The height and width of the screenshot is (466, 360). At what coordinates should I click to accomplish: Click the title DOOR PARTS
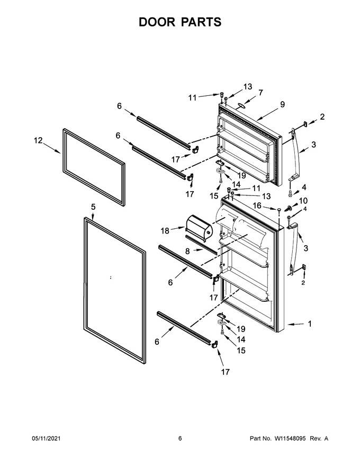[x=180, y=22]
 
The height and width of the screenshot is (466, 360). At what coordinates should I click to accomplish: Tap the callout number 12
[x=38, y=140]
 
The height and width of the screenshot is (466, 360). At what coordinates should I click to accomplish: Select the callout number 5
[x=93, y=207]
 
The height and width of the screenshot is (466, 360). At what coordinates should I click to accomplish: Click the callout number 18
[x=165, y=230]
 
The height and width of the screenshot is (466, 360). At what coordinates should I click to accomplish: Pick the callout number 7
[x=260, y=93]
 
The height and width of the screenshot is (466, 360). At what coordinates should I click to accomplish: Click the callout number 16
[x=257, y=205]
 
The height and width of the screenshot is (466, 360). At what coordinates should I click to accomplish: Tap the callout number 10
[x=303, y=201]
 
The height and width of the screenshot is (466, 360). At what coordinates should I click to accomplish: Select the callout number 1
[x=310, y=324]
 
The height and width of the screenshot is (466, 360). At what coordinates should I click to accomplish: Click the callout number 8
[x=187, y=251]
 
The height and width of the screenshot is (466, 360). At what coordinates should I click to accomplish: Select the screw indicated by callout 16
[x=280, y=211]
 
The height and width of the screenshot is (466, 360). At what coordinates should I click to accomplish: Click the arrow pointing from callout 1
[x=295, y=324]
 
